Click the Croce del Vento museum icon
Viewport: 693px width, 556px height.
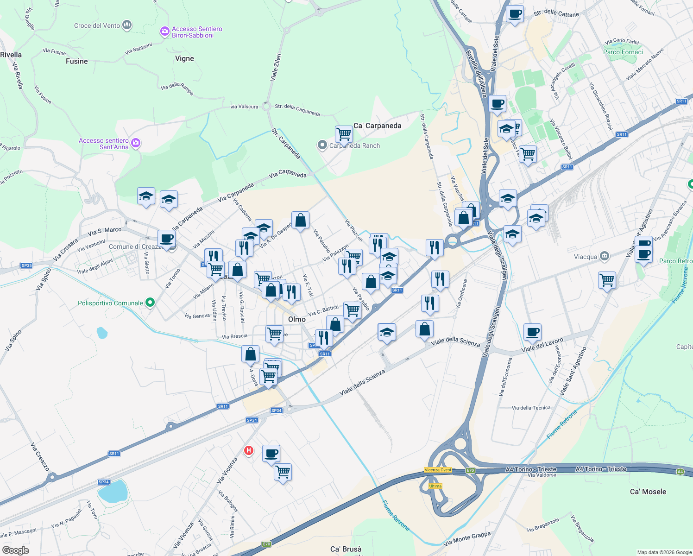[x=127, y=25]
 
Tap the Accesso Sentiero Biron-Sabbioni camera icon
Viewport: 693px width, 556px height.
[x=164, y=32]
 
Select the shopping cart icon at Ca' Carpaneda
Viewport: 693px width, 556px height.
[x=344, y=134]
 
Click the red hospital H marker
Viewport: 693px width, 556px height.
[x=249, y=450]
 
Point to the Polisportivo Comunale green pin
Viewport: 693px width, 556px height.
[x=150, y=303]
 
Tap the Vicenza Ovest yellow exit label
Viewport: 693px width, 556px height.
[x=438, y=470]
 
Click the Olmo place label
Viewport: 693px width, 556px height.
[x=297, y=319]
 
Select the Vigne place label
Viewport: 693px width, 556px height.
[x=184, y=58]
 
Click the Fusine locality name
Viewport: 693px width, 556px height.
[x=77, y=61]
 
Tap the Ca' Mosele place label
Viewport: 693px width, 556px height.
[x=648, y=492]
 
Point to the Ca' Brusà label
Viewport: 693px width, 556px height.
[x=346, y=549]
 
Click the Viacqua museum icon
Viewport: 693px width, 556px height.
[x=604, y=256]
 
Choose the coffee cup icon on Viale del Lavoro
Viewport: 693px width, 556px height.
[x=533, y=332]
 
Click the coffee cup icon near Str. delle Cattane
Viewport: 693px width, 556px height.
[x=515, y=14]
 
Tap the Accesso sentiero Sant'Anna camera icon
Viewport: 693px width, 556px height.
[x=136, y=143]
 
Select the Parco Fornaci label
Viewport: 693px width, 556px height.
[x=623, y=52]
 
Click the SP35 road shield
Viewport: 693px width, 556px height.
[x=26, y=265]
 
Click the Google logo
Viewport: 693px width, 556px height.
[x=16, y=550]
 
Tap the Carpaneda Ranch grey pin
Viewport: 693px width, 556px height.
[x=322, y=145]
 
